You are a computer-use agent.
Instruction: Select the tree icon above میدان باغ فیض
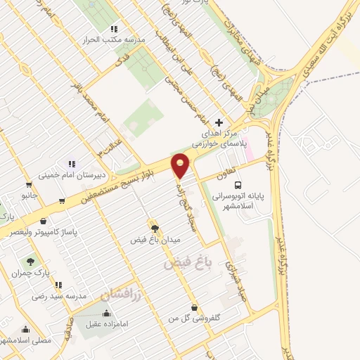155,228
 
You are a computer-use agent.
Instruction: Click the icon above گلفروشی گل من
193,308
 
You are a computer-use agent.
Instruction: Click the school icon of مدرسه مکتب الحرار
113,29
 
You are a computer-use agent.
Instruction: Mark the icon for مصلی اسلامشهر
26,329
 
